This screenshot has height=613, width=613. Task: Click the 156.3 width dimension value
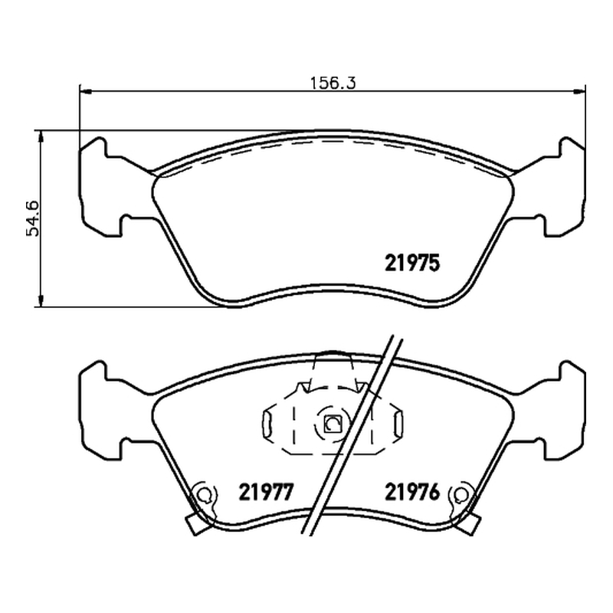click(333, 83)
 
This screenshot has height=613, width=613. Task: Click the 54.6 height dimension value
click(33, 219)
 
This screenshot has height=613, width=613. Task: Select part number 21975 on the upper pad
click(412, 263)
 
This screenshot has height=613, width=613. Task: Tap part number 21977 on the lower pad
click(266, 492)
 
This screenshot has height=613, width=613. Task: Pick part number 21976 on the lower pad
click(412, 492)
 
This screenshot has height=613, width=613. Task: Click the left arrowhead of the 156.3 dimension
click(85, 91)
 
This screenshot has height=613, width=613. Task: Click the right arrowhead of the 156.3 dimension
click(580, 91)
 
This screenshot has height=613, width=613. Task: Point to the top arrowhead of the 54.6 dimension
click(41, 136)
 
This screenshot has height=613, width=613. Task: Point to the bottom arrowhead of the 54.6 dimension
click(41, 300)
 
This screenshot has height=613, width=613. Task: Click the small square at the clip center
click(333, 424)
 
